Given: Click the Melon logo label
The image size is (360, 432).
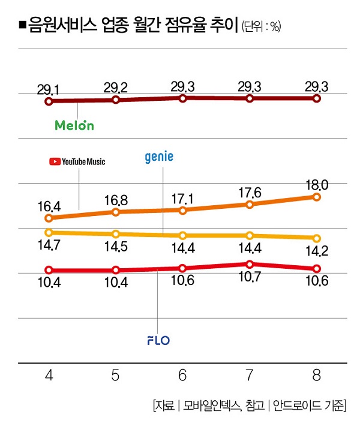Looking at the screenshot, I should coord(74,125).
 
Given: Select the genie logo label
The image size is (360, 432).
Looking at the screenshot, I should coord(159,157).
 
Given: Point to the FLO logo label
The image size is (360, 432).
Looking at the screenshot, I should coord(158,341).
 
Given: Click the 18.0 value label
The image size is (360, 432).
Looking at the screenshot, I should coord(316,184).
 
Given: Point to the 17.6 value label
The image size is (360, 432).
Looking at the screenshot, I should coord(249,191).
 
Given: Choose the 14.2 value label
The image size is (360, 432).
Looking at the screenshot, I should coord(316,251).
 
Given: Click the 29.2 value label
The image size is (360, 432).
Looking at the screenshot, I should coord(115,89).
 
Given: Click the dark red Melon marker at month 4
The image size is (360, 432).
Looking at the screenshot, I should coord(49,101).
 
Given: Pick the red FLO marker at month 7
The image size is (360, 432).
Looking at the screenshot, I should coord(250,264).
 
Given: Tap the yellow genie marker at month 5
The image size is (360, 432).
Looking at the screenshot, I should coord(116,234).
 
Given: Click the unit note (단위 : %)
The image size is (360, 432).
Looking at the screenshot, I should coord(261,26).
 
